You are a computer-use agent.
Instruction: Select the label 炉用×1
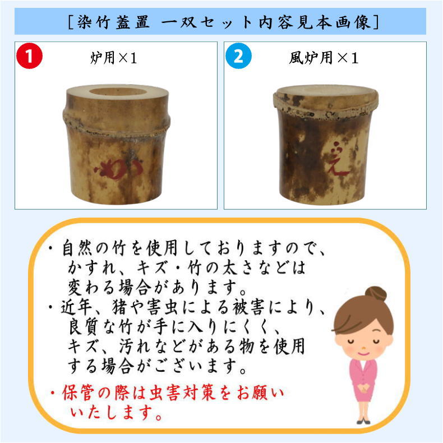[x=114, y=58]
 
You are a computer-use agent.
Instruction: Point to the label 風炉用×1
[x=325, y=58]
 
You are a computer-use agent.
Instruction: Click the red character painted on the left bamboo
[x=119, y=165]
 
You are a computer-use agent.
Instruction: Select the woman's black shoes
[x=363, y=421]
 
